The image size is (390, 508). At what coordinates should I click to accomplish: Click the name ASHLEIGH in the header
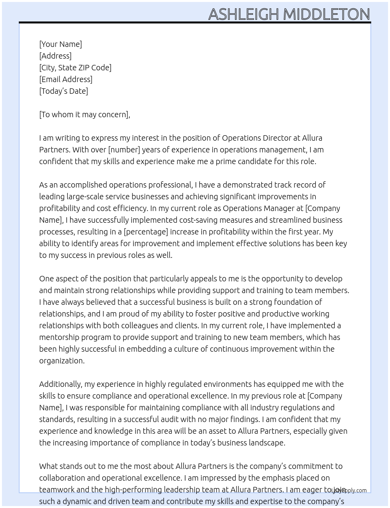point(244,14)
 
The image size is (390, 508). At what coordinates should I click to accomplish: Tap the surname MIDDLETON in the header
point(326,14)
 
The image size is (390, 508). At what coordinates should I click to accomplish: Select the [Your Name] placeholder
point(60,44)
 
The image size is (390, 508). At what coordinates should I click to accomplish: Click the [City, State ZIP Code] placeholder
point(75,68)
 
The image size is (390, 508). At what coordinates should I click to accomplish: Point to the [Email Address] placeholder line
point(66,79)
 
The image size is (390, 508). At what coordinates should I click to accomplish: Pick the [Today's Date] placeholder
point(63,91)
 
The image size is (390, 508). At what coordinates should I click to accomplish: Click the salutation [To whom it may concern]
point(84,114)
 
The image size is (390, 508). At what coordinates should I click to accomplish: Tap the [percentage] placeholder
point(146,232)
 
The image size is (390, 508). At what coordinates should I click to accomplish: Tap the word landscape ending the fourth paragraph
point(267,443)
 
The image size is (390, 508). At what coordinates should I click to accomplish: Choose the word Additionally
point(60,384)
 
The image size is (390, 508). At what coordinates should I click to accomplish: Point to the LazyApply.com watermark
point(349,490)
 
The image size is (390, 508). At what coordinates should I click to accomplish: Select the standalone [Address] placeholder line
point(55,56)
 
